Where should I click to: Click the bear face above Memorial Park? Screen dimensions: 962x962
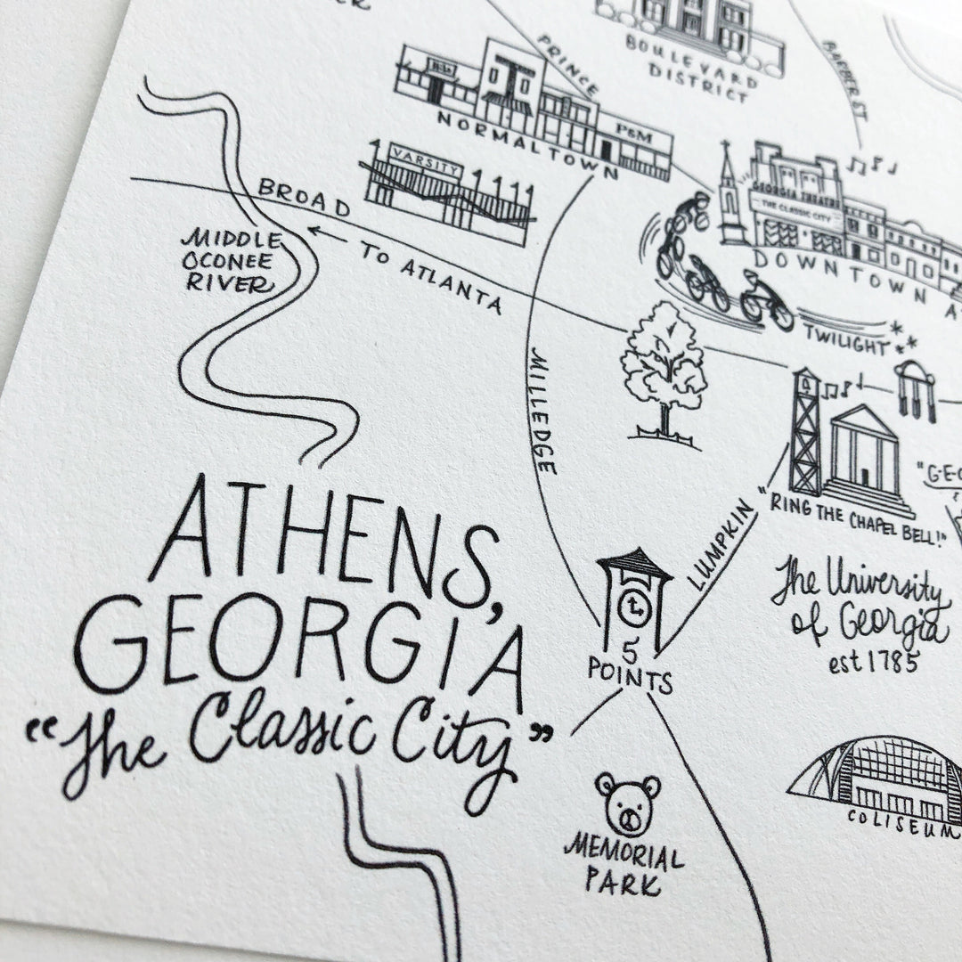(629, 804)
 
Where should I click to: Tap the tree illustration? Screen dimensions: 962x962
(664, 371)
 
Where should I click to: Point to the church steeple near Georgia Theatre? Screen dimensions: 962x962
(730, 192)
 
